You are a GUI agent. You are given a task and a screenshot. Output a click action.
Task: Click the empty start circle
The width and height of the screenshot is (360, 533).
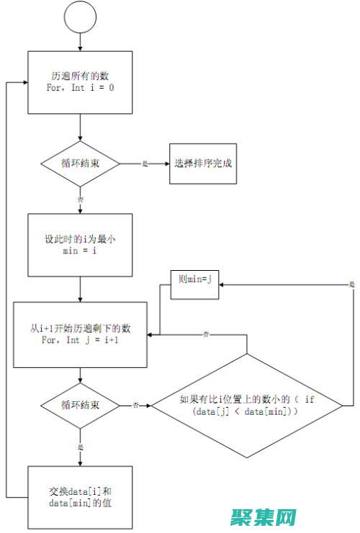(80, 18)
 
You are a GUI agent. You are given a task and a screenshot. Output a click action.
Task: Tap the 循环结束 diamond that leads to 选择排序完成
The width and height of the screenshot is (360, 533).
(80, 164)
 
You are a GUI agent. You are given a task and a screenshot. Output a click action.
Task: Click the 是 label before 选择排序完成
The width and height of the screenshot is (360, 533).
(145, 164)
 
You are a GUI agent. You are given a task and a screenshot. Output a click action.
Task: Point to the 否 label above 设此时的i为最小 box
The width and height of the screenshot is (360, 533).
(80, 199)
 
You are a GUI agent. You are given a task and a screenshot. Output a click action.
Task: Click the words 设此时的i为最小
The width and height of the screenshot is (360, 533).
(80, 238)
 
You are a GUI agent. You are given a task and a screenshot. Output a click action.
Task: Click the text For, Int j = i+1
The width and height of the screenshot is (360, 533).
(80, 339)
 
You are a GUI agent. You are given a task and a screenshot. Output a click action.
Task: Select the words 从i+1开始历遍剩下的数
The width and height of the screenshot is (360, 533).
(80, 328)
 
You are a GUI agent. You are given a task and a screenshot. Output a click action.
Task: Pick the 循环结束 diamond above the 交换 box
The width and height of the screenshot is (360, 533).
(80, 406)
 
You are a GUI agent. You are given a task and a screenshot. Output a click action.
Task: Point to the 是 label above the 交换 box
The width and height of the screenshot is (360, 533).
(80, 447)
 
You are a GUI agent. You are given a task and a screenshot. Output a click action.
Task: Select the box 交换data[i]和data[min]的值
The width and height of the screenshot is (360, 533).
(80, 497)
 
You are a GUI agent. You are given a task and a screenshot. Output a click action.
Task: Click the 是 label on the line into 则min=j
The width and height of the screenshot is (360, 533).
(351, 285)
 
